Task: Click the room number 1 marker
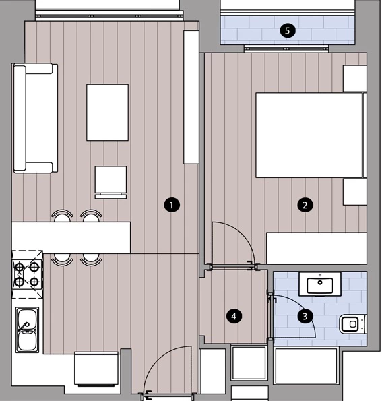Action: tap(172, 205)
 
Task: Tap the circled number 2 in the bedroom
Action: tap(305, 205)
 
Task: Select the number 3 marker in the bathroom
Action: tap(305, 316)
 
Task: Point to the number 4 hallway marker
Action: tap(234, 317)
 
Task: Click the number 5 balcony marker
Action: tap(288, 31)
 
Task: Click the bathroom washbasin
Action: tap(320, 284)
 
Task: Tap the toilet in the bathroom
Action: tap(352, 324)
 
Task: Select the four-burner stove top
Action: tap(27, 274)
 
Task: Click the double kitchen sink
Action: tap(27, 330)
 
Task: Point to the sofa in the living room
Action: tap(35, 118)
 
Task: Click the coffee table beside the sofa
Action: tap(107, 113)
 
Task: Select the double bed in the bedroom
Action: tap(311, 135)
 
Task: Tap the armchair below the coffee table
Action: tap(110, 183)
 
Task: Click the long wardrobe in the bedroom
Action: tap(317, 248)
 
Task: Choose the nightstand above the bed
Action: tap(354, 78)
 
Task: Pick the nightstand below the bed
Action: tap(354, 191)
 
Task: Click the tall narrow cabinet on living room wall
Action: tap(191, 97)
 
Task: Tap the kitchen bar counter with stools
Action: tap(71, 238)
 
